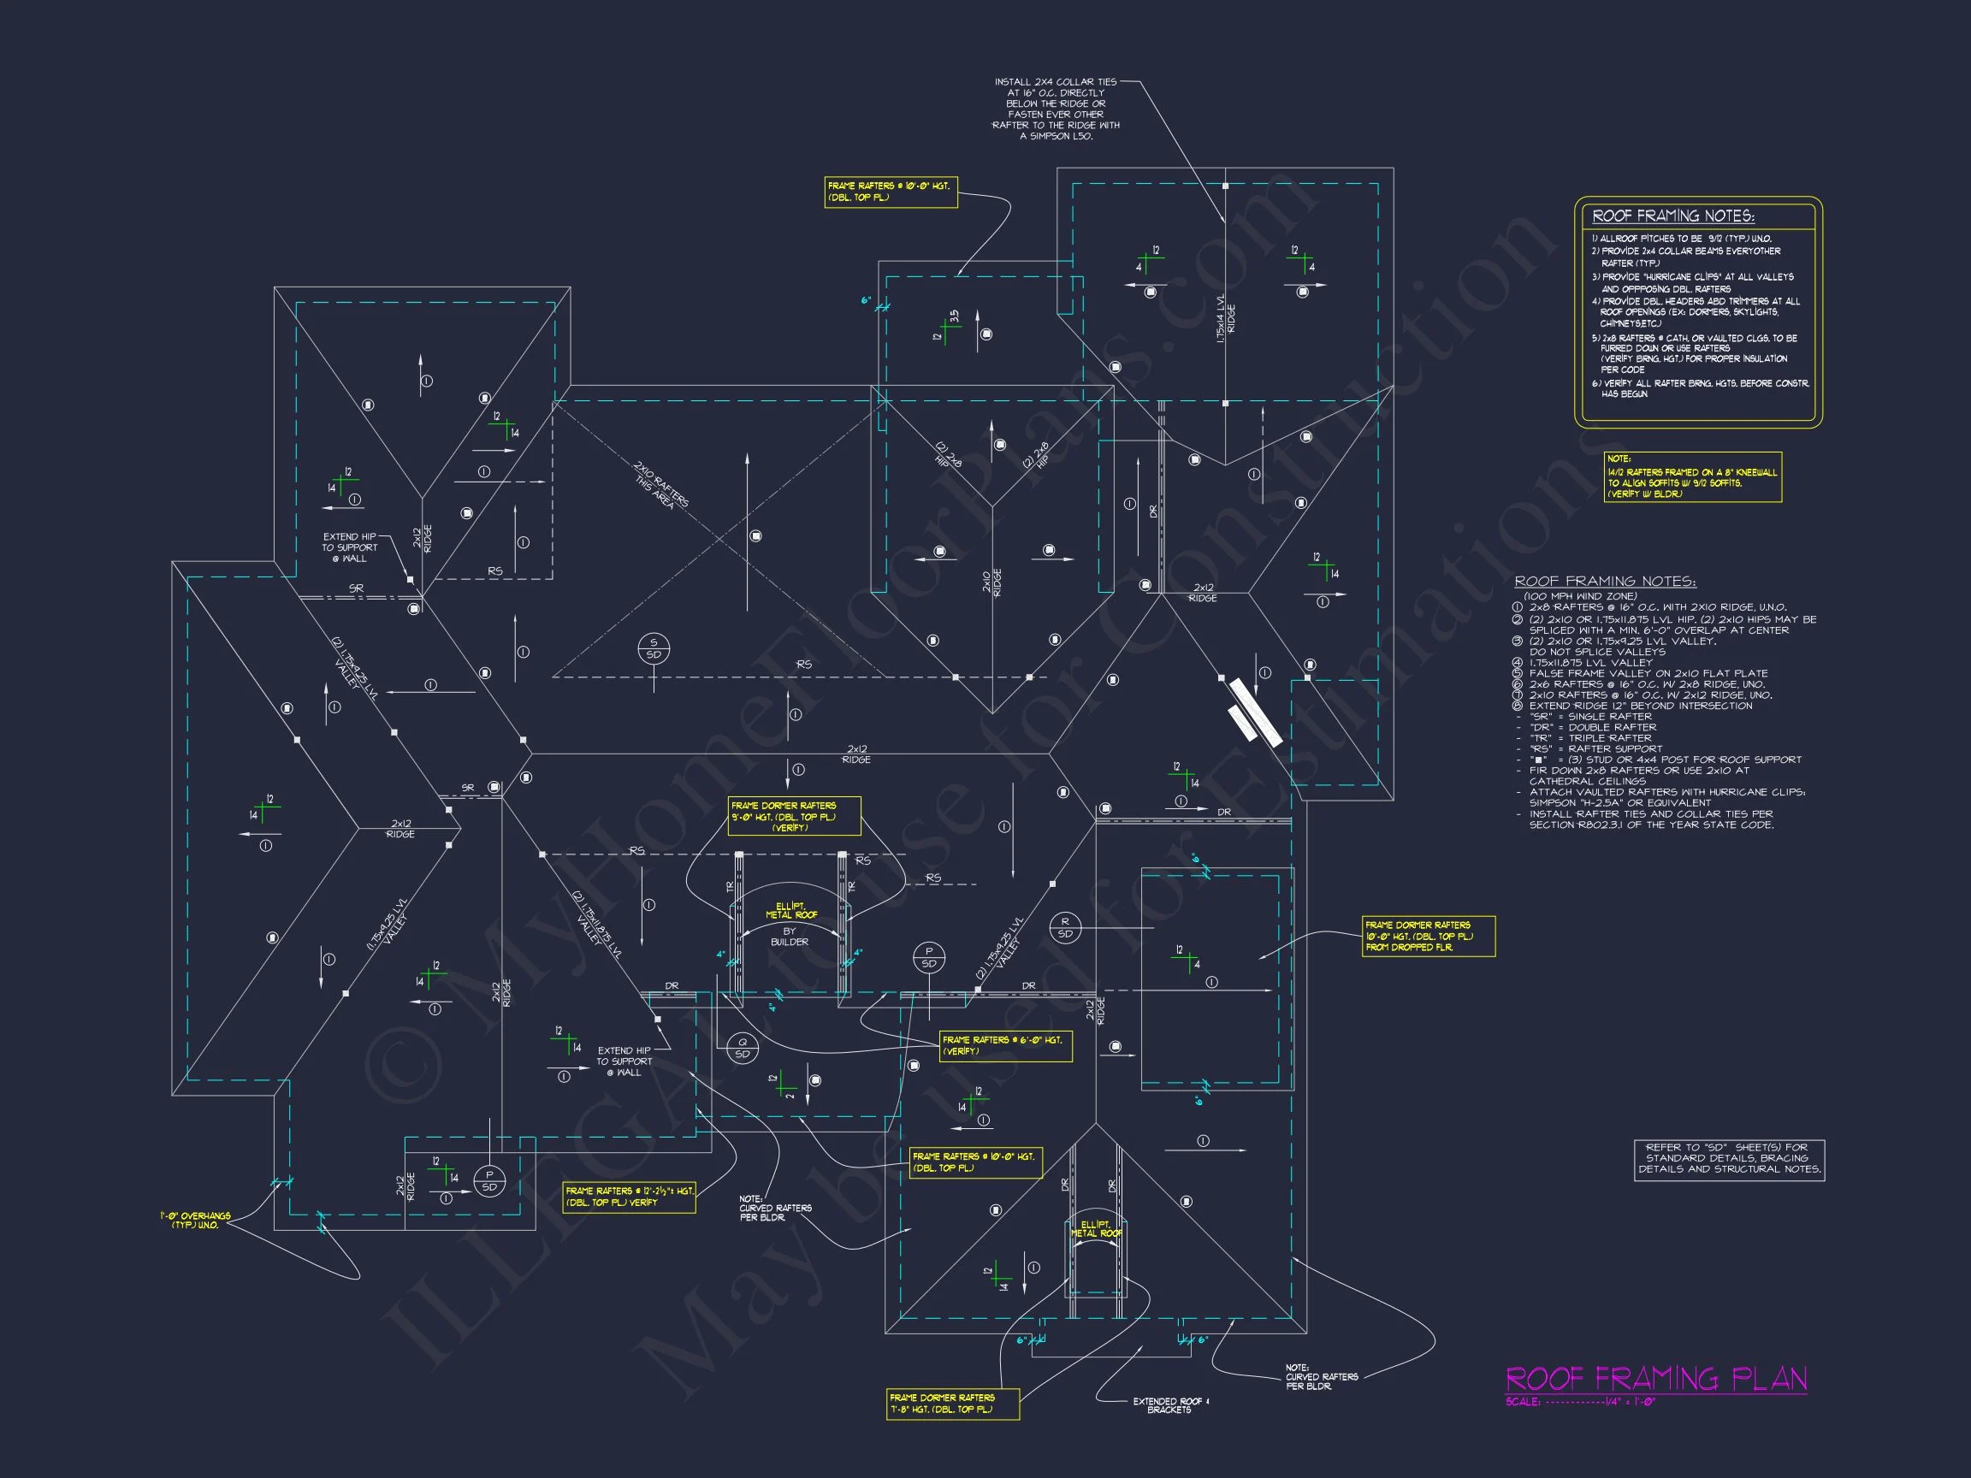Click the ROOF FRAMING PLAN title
coord(1655,1379)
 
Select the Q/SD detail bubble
coord(743,1048)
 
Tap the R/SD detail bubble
coord(1065,927)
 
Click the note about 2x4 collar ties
coord(1056,109)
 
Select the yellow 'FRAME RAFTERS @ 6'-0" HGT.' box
coord(1005,1045)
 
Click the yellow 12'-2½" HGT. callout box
coord(629,1197)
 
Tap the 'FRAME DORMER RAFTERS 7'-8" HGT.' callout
coord(952,1404)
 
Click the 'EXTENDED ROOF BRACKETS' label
coord(1170,1405)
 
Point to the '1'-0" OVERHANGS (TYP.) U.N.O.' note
coord(195,1220)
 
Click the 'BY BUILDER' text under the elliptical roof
coord(790,937)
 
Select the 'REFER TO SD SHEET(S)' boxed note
coord(1729,1159)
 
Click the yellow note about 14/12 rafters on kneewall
coord(1692,477)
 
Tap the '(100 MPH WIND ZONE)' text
coord(1580,596)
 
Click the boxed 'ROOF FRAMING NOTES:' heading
coord(1672,216)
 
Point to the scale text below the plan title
coord(1580,1402)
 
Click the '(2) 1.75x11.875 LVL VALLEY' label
coord(597,925)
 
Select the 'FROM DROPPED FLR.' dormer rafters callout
coord(1428,937)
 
